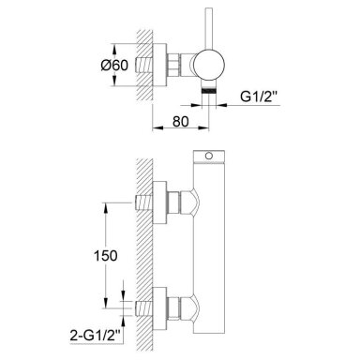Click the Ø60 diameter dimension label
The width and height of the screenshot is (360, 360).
pos(114,66)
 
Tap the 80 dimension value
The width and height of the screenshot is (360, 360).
pos(180,122)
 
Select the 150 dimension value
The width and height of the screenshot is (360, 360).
pos(106,256)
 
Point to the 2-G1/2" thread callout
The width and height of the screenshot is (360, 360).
pos(96,336)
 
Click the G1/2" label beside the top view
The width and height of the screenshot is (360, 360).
pos(259,97)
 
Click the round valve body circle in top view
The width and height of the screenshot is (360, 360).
pos(208,65)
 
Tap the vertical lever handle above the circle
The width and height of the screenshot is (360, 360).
pos(208,28)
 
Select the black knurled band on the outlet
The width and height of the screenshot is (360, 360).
pos(209,91)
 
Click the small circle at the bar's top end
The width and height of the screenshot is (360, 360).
pos(209,156)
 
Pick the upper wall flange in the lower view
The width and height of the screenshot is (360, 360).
pos(159,202)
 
